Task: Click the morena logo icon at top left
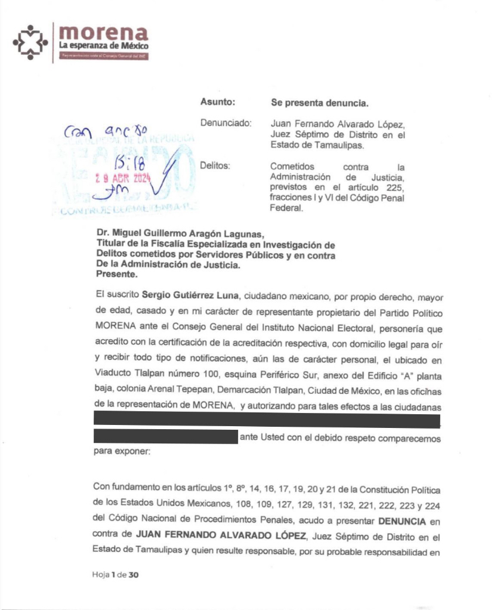(30, 42)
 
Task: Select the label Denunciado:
(226, 123)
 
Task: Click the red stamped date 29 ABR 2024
(124, 178)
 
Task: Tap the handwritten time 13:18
(127, 162)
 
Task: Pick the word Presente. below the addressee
(116, 275)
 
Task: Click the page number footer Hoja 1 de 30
(115, 575)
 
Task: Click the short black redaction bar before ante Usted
(165, 436)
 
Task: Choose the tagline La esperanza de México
(103, 45)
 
